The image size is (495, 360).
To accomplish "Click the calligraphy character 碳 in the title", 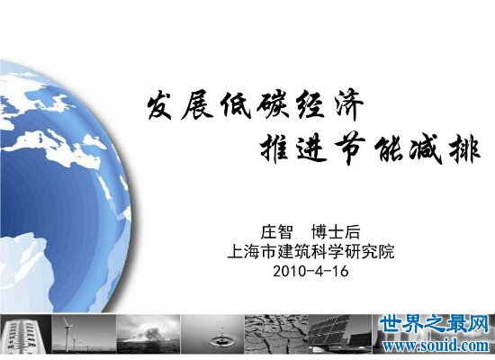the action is point(273,104).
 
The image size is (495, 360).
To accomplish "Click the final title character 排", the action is point(464,148).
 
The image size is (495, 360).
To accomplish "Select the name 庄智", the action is point(276,232).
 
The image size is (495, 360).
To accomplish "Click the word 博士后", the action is point(336,232).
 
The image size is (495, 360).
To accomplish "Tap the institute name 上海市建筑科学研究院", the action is point(311,252).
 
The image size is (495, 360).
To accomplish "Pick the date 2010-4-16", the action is point(310,271).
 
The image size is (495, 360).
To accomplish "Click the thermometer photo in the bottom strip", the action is point(25,334).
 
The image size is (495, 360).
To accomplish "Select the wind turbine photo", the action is point(84,334).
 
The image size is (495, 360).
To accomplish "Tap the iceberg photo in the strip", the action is point(148,334).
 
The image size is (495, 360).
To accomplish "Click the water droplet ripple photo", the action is point(212,334).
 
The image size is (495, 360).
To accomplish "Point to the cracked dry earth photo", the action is point(276,334).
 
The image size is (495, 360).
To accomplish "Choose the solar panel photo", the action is point(340,334).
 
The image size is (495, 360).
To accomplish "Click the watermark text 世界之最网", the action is point(434,324).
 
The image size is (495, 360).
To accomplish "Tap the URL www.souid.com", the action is point(436,345).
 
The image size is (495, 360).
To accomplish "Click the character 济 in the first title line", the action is point(349,104).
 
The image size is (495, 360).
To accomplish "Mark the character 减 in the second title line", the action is point(425,149).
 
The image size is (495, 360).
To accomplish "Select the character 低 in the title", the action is point(236,105).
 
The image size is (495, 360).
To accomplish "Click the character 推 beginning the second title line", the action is point(274,148).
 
